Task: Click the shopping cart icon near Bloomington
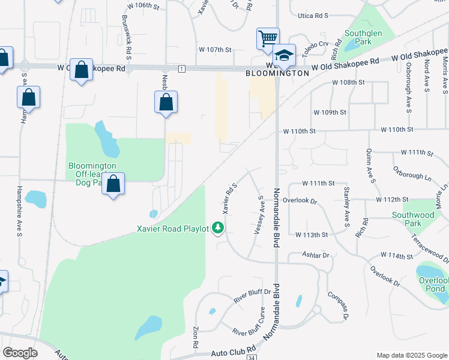[268, 38]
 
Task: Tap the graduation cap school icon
[285, 55]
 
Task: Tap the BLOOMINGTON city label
[277, 73]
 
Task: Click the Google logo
[20, 353]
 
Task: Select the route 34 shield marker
[251, 357]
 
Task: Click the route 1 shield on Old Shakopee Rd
[180, 69]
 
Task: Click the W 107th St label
[215, 50]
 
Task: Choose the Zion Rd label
[195, 337]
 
